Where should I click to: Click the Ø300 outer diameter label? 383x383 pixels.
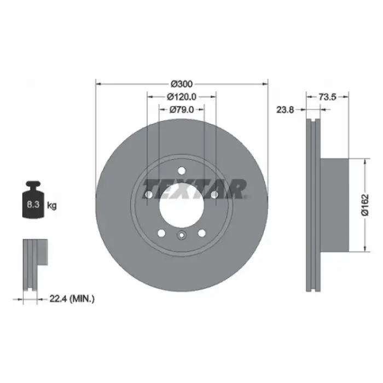pos(182,84)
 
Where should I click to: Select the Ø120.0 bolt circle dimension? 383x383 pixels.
pos(182,97)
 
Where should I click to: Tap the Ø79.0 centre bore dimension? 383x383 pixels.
pos(182,109)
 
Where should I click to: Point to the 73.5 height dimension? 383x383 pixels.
pos(328,97)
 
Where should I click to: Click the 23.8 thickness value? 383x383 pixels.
pos(285,110)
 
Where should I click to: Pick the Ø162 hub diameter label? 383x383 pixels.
pos(365,205)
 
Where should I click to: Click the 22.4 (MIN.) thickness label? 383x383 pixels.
pos(72,299)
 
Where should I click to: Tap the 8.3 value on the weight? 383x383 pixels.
pos(33,204)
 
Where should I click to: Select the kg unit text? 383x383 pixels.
pos(52,205)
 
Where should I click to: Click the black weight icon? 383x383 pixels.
pos(33,199)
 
